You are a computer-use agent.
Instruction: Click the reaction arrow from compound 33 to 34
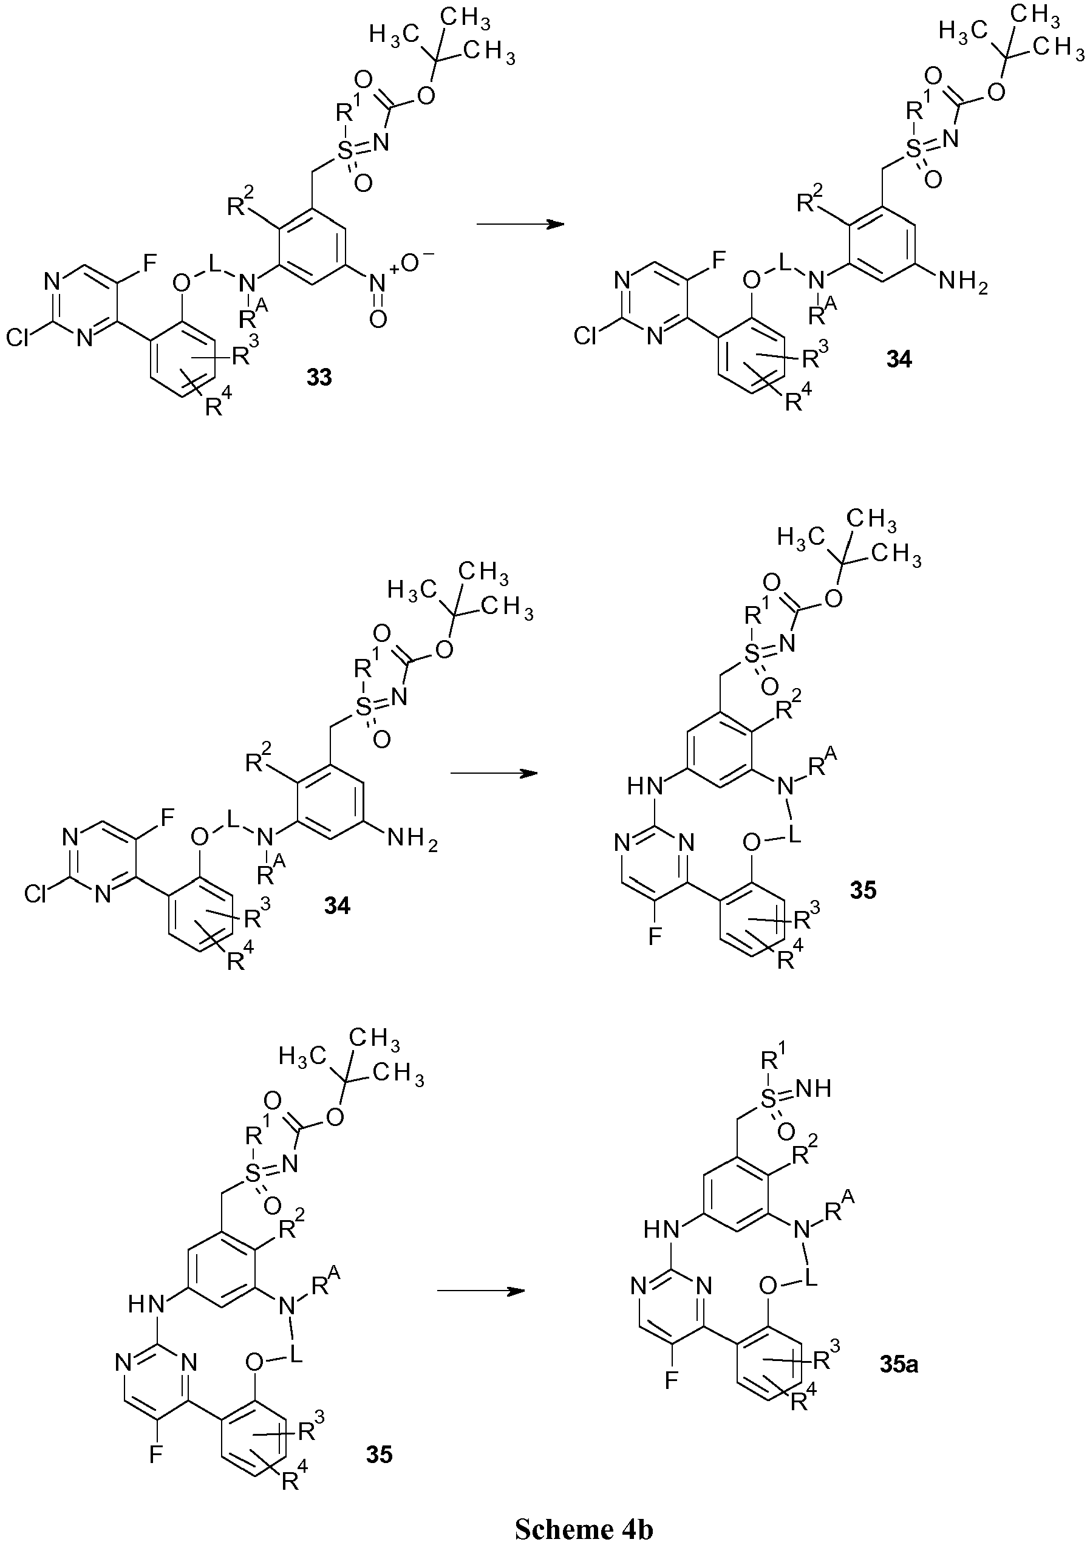click(519, 224)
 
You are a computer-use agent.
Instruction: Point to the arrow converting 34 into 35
click(494, 774)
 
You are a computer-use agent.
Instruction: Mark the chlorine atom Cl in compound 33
click(19, 339)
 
